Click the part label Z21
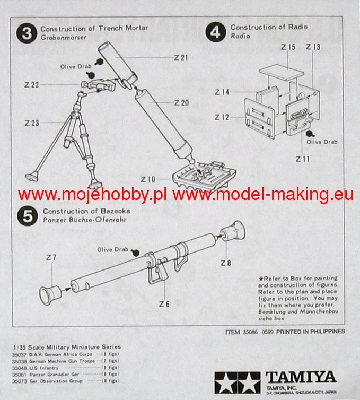(x=181, y=57)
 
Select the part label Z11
(x=303, y=159)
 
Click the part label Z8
(x=225, y=263)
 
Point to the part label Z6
(x=164, y=303)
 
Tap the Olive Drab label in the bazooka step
(x=112, y=249)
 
